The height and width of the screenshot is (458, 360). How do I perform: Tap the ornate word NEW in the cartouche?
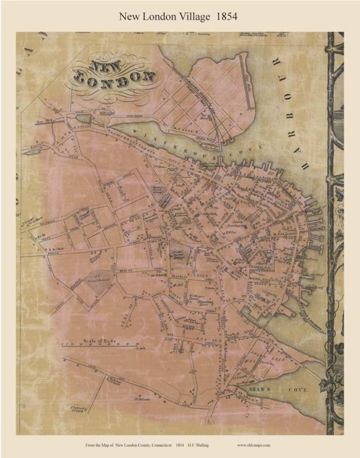pyautogui.click(x=105, y=67)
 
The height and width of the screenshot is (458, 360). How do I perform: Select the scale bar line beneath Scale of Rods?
pyautogui.click(x=100, y=346)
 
